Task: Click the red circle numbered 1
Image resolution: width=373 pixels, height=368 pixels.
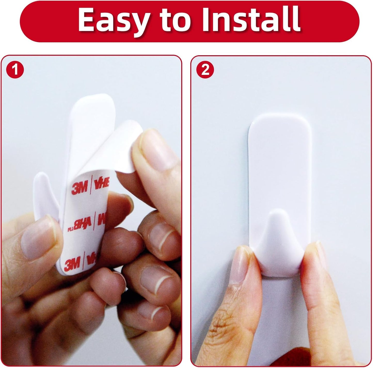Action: (x=15, y=69)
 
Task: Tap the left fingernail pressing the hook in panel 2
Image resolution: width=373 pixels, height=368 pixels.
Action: (x=241, y=265)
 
